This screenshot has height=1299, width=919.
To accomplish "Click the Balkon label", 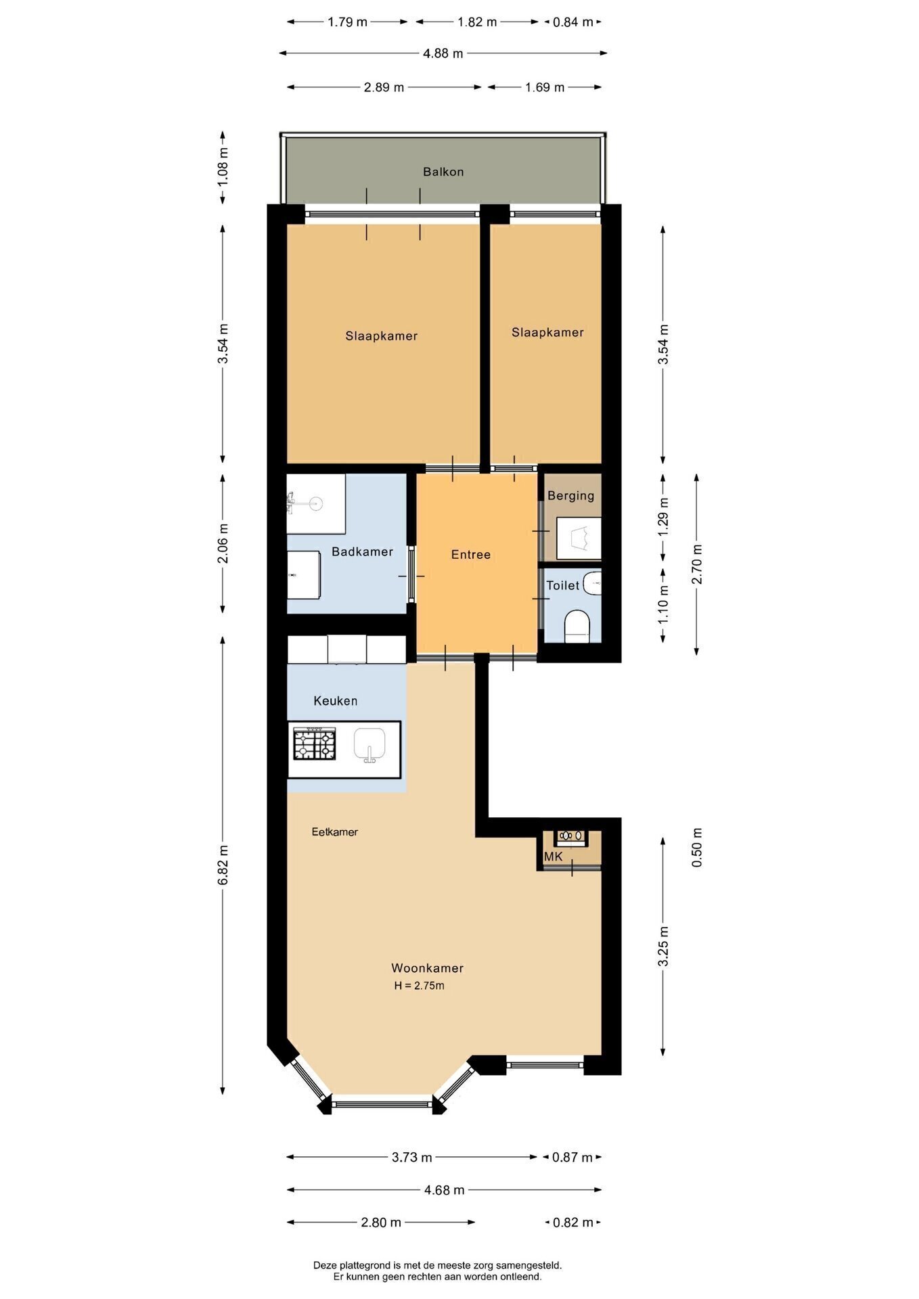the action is point(443,172).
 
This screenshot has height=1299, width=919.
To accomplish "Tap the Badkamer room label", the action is point(362,551).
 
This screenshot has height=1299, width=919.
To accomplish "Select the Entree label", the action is point(471,555).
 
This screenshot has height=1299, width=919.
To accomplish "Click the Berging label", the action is point(570,496).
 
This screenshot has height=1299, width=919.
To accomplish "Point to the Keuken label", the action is point(335,701).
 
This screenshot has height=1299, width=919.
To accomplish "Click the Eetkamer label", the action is point(334,831).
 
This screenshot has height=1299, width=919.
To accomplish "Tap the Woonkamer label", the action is point(427,968).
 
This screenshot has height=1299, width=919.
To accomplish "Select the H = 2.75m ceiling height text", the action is point(420,986).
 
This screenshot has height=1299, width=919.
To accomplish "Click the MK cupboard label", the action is point(554,857).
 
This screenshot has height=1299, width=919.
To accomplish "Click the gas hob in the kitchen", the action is point(314,744).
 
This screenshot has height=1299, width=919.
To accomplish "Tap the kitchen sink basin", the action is point(369,745).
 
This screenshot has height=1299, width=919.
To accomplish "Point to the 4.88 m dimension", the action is point(443,53).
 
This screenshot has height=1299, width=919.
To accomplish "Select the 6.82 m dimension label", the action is point(223,865).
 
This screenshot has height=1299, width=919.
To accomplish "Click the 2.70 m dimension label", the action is point(697,564).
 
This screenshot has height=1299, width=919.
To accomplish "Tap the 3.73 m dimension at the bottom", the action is point(411,1157).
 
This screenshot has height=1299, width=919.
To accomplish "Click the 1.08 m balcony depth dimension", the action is point(223,166).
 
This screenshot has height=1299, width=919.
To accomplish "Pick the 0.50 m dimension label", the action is point(697,848).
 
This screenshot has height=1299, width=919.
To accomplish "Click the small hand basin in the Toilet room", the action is point(593,583).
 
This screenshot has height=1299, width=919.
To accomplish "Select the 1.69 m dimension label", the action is point(545,87).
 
